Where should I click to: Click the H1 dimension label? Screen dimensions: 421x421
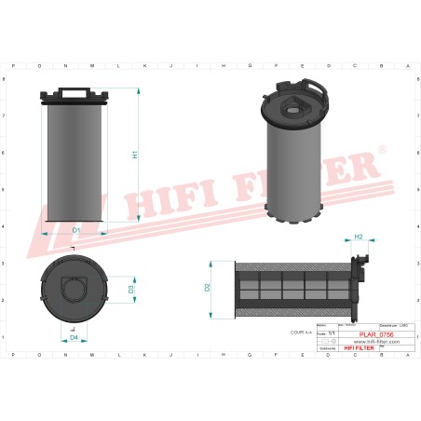click(x=135, y=155)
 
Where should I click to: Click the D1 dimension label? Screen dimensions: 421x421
click(x=76, y=229)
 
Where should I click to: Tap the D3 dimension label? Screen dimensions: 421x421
click(x=131, y=290)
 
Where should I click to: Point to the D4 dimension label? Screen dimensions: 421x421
click(x=75, y=337)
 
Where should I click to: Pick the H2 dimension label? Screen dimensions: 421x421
click(x=359, y=238)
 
